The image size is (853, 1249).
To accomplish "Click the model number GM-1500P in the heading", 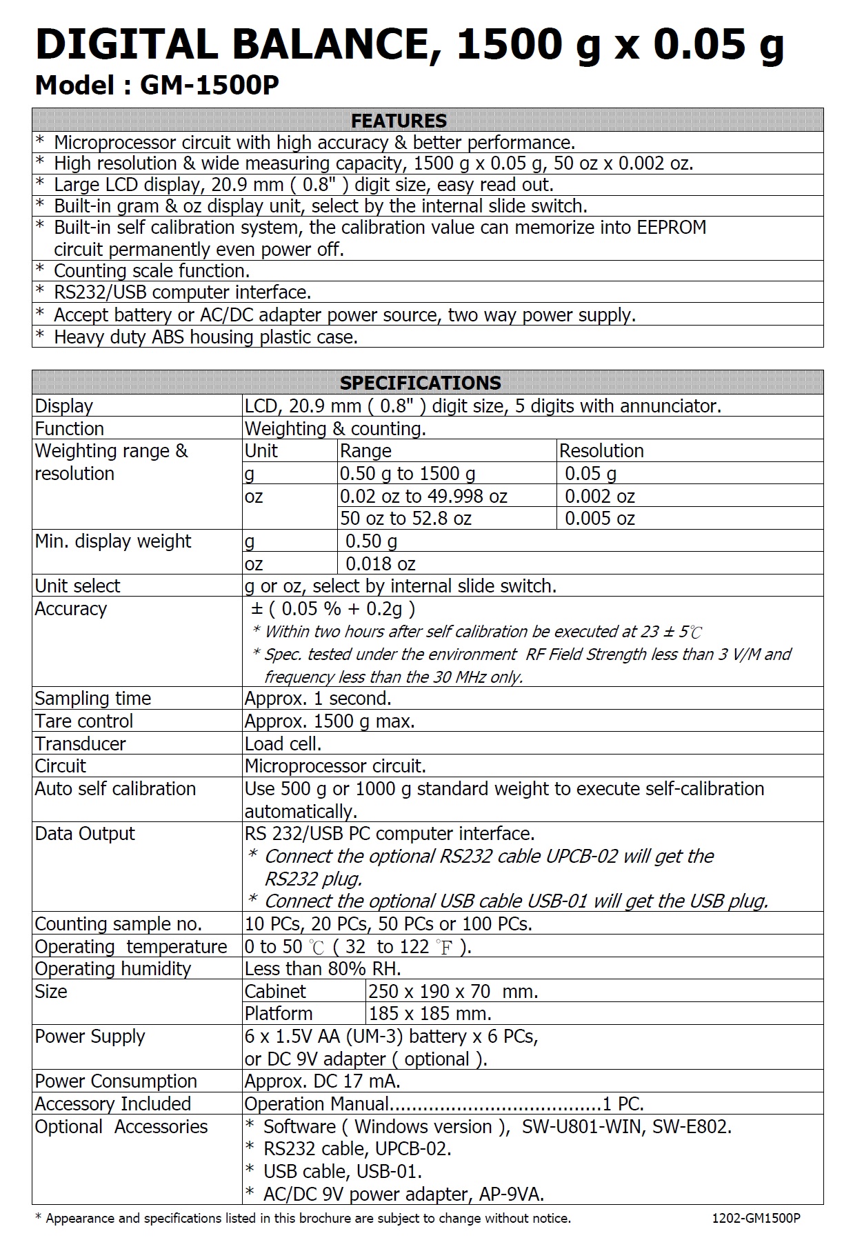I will [x=209, y=86].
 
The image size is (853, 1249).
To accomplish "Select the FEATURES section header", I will [x=399, y=121].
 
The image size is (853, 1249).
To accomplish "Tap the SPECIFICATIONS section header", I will [x=420, y=383].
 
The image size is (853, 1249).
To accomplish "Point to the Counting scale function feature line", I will [x=152, y=271].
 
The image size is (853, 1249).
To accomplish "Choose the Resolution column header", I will [x=601, y=451].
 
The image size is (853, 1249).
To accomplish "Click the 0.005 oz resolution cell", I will [x=599, y=519].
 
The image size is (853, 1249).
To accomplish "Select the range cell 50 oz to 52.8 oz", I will [x=405, y=519].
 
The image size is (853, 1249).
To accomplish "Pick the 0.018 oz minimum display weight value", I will [x=380, y=564].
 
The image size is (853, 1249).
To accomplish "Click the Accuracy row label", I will [x=71, y=609].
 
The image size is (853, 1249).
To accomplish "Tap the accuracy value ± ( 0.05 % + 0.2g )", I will [x=333, y=609].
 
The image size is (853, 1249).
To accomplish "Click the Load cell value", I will [x=283, y=744].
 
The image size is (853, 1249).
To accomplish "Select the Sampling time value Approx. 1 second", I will [x=318, y=699].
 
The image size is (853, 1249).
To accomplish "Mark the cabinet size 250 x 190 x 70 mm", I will [x=453, y=992].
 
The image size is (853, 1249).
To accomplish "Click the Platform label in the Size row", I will [x=279, y=1014].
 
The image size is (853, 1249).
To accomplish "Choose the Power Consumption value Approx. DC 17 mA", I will [x=322, y=1081].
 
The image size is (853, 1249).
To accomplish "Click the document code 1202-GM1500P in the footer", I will [x=756, y=1219].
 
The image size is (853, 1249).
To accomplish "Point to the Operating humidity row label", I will [x=112, y=969].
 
